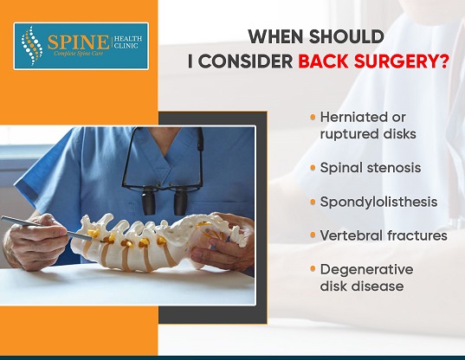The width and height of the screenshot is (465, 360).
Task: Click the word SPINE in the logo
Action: pyautogui.click(x=78, y=42)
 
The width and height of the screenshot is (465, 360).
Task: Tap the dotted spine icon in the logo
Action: pyautogui.click(x=32, y=46)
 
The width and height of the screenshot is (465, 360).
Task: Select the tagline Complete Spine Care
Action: pyautogui.click(x=79, y=54)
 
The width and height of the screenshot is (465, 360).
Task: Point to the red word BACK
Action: pyautogui.click(x=323, y=61)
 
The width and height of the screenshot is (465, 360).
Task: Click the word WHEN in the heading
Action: pyautogui.click(x=275, y=36)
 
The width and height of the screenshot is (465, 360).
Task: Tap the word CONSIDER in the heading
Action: pyautogui.click(x=246, y=61)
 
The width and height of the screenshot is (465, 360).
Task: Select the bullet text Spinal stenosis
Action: pyautogui.click(x=371, y=168)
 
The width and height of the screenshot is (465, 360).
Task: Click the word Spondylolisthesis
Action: pyautogui.click(x=378, y=202)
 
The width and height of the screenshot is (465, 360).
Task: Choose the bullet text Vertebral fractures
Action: pyautogui.click(x=384, y=235)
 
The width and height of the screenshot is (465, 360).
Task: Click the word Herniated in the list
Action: pyautogui.click(x=356, y=117)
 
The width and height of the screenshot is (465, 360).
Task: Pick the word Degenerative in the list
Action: pyautogui.click(x=366, y=270)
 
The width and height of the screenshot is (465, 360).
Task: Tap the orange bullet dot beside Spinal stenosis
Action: pyautogui.click(x=313, y=168)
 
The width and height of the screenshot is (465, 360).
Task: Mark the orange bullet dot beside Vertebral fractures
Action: pyautogui.click(x=313, y=235)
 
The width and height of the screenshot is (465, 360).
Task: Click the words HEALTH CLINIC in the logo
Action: pyautogui.click(x=128, y=42)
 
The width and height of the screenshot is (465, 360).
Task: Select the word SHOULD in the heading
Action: pyautogui.click(x=346, y=36)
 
